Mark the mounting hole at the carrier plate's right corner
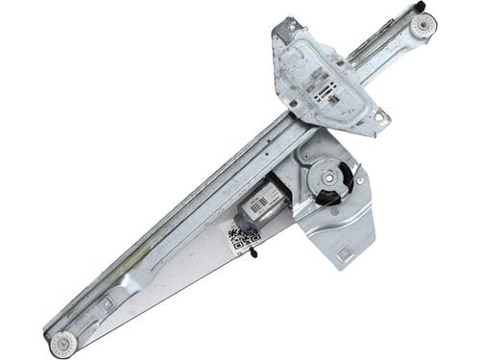[x=378, y=118]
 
